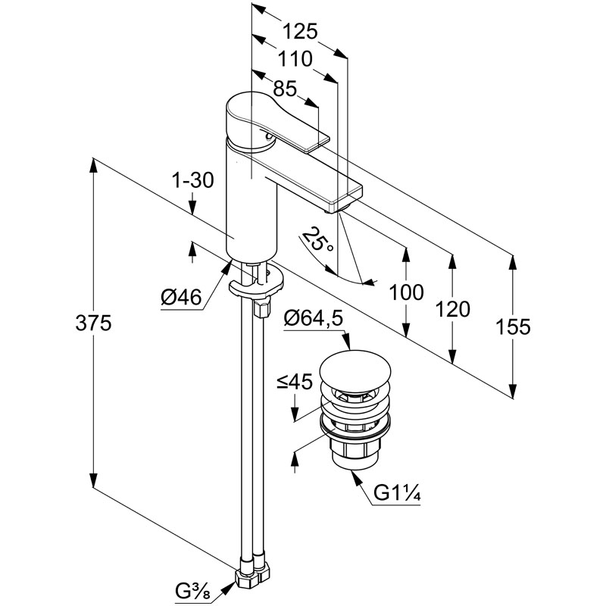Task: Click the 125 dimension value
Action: click(x=299, y=31)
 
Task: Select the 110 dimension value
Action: click(x=295, y=59)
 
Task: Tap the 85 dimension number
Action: click(x=285, y=89)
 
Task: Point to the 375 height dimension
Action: click(x=93, y=323)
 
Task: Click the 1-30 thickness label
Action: click(x=193, y=180)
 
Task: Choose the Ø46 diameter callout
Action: click(x=181, y=297)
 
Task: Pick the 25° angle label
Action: click(x=317, y=239)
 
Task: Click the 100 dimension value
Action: click(x=406, y=292)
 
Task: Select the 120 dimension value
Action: click(x=452, y=309)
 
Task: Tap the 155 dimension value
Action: click(x=513, y=327)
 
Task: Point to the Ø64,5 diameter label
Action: click(x=314, y=318)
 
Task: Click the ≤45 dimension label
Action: click(x=294, y=382)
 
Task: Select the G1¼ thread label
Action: click(x=397, y=493)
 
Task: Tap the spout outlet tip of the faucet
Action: click(x=334, y=209)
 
